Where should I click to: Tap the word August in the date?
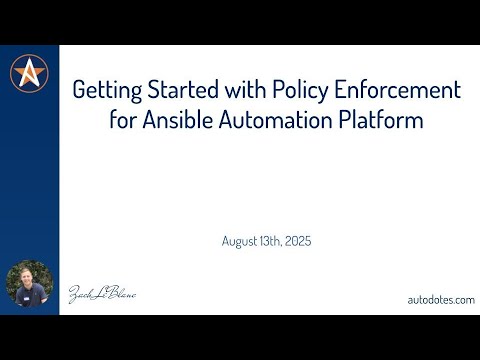click(242, 240)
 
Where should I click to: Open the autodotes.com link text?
click(440, 299)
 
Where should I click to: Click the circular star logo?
click(30, 72)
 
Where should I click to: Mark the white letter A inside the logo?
click(30, 72)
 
